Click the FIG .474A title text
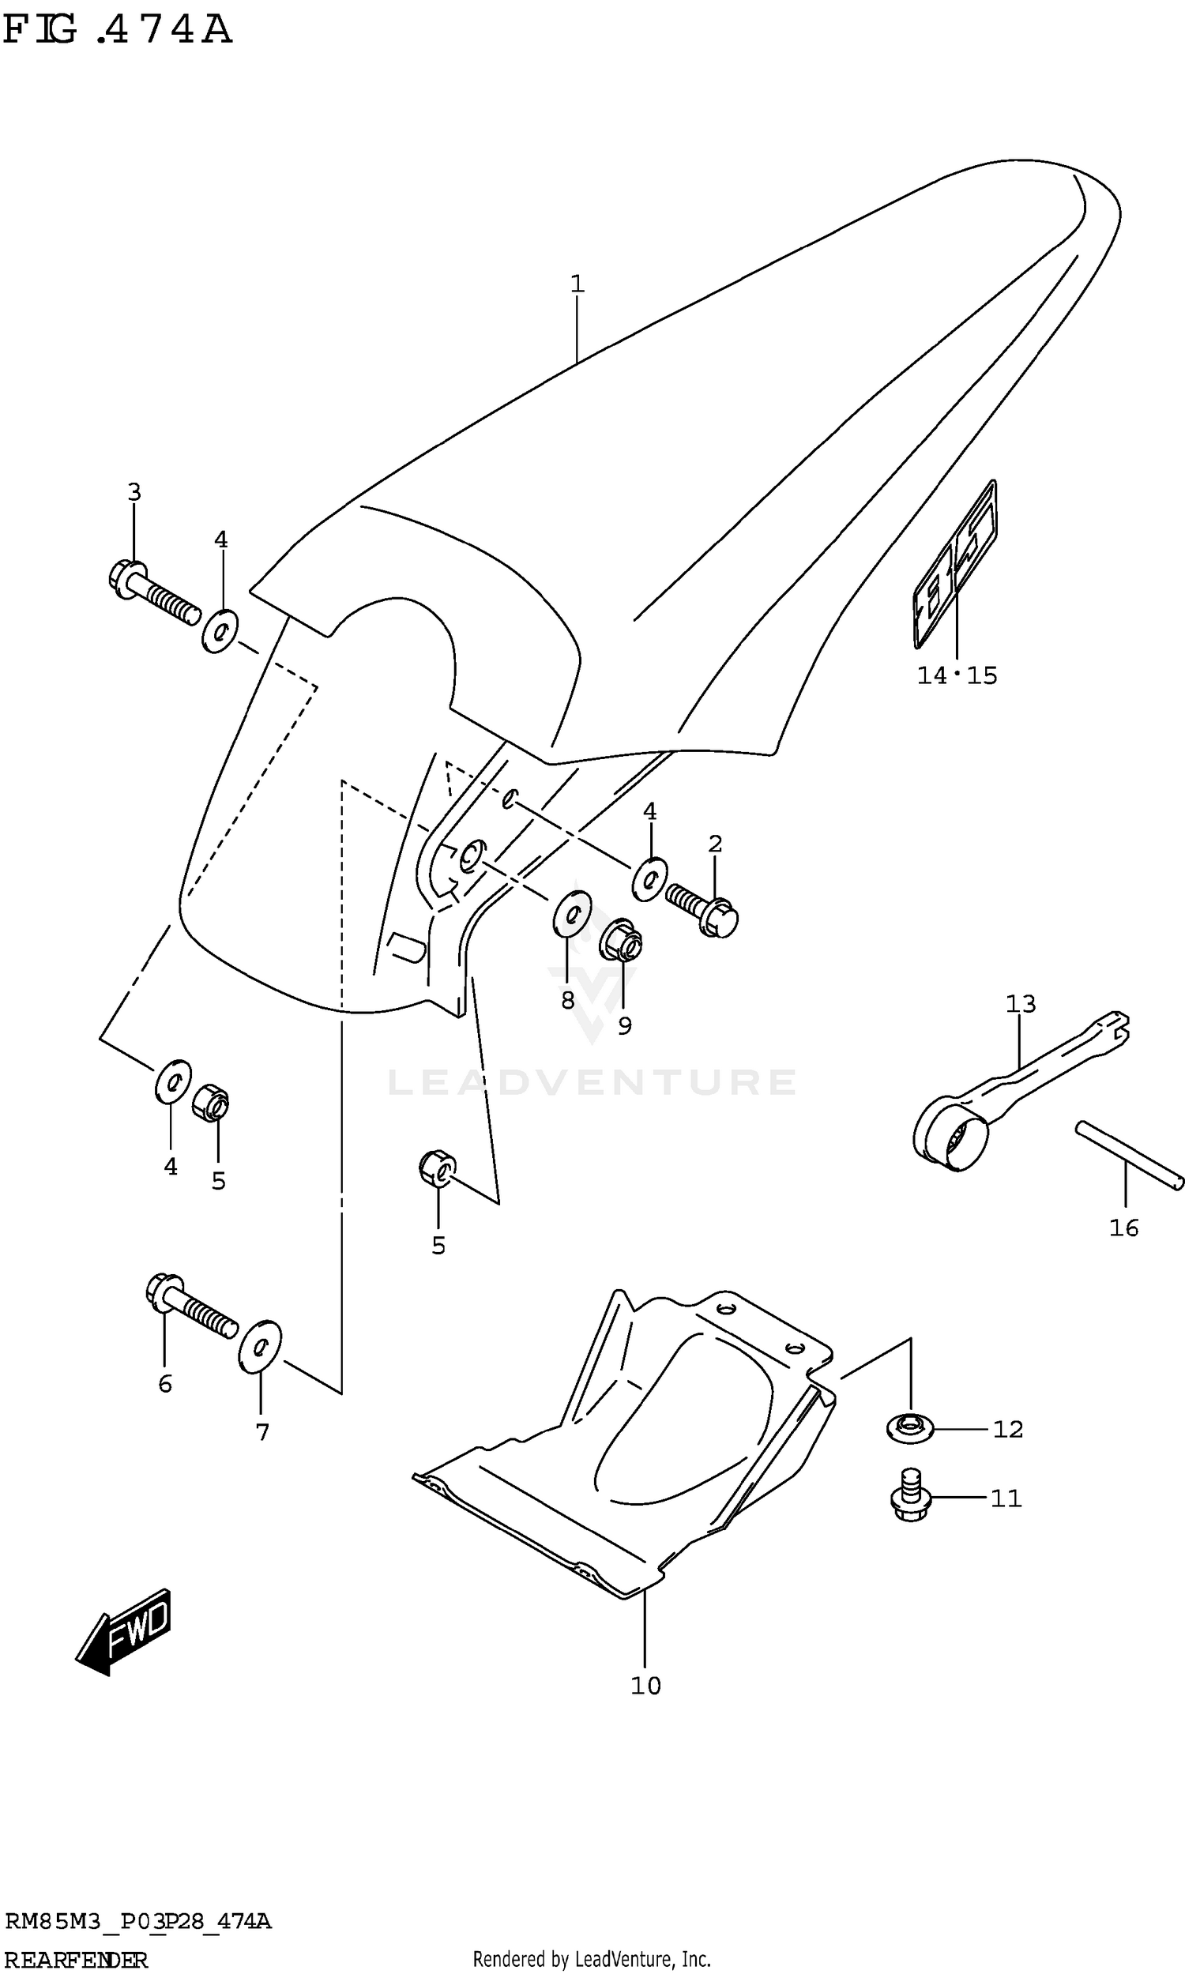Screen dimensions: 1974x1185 tap(118, 29)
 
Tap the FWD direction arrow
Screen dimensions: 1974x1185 tap(125, 1630)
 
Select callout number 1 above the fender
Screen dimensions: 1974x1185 tap(577, 284)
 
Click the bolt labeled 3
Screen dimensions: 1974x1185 tap(152, 591)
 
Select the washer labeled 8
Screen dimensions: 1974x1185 tap(572, 913)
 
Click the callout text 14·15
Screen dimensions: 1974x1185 tap(957, 676)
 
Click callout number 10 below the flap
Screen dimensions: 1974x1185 tap(646, 1686)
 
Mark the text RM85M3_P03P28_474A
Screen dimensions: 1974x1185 tap(138, 1922)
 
